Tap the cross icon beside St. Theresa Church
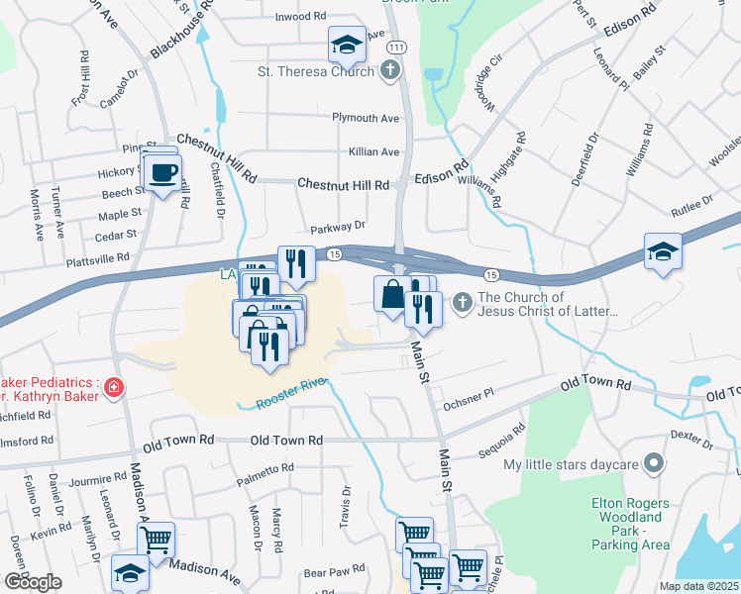pos(390,70)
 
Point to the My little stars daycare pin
pos(653,463)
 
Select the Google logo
pos(33,582)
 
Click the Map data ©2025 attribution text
pos(698,586)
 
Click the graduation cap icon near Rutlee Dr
pos(663,251)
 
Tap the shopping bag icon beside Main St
pos(391,294)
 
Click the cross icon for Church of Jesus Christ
pos(462,303)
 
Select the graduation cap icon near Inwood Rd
pos(348,44)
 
